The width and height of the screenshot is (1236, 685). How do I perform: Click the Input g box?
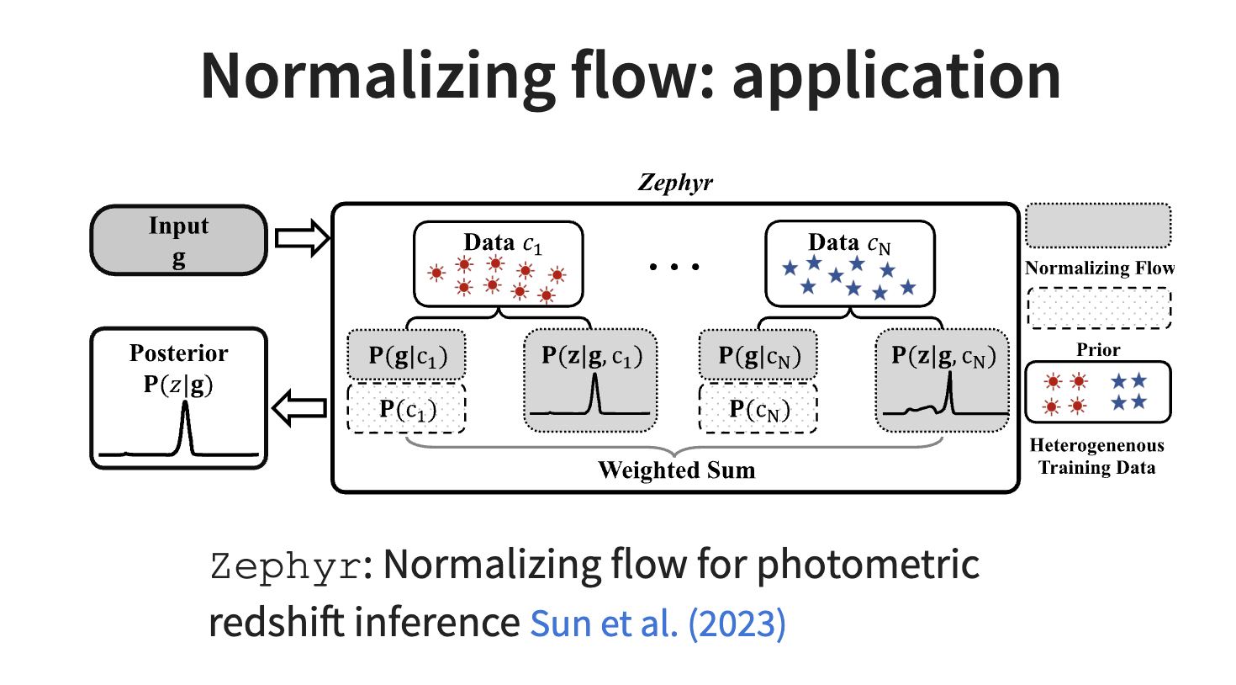coord(178,241)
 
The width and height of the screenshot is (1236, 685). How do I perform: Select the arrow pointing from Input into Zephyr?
coord(302,238)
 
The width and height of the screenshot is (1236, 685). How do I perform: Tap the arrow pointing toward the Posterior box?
coord(299,409)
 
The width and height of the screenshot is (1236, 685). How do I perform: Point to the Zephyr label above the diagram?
coord(675,183)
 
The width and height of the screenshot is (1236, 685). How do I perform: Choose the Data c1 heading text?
coord(502,243)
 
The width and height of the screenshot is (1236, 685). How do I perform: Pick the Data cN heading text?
coord(848,243)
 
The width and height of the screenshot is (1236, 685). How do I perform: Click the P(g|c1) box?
coord(407,356)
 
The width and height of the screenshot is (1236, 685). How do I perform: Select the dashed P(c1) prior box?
coord(407,409)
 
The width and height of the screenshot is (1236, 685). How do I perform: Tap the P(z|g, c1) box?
coord(591,380)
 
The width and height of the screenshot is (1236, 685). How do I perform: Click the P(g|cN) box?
coord(758,356)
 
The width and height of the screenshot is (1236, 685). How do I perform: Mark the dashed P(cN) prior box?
coord(758,409)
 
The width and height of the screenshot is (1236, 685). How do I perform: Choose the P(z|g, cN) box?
coord(943,380)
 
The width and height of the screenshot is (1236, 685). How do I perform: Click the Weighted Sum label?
coord(676,470)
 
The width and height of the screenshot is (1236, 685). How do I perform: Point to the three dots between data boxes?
coord(674,267)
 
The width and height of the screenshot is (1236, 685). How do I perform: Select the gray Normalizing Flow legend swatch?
coord(1098,226)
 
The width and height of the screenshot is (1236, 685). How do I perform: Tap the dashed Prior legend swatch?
coord(1098,308)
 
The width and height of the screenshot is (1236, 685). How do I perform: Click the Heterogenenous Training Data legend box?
coord(1097,392)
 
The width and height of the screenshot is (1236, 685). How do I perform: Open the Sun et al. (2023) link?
coord(658,624)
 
